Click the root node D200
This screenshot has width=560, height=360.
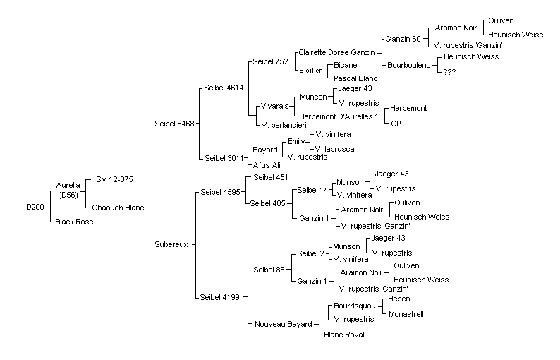point(35,207)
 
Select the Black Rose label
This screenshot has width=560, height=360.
point(74,222)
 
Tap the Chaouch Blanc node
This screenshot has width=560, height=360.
point(118,208)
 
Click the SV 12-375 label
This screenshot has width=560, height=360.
point(114,179)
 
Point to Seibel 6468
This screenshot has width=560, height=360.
point(174,124)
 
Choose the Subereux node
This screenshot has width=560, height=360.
point(171,244)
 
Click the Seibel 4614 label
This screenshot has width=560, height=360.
point(224,88)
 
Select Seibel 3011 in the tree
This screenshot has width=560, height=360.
point(224,158)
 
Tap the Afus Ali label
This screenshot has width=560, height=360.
point(267,165)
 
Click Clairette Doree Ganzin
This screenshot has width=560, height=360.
point(336,52)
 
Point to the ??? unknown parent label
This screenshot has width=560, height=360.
point(449,72)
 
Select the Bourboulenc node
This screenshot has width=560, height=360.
point(408,66)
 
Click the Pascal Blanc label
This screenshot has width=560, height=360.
point(355,78)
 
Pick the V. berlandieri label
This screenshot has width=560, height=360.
point(284,125)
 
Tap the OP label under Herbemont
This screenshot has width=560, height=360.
point(396,124)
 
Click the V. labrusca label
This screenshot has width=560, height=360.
point(334,149)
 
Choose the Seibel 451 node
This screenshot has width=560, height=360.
point(270,177)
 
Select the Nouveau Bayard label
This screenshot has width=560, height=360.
point(284,324)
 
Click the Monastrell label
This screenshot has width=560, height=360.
point(406,314)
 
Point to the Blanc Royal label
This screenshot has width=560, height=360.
point(344,335)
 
